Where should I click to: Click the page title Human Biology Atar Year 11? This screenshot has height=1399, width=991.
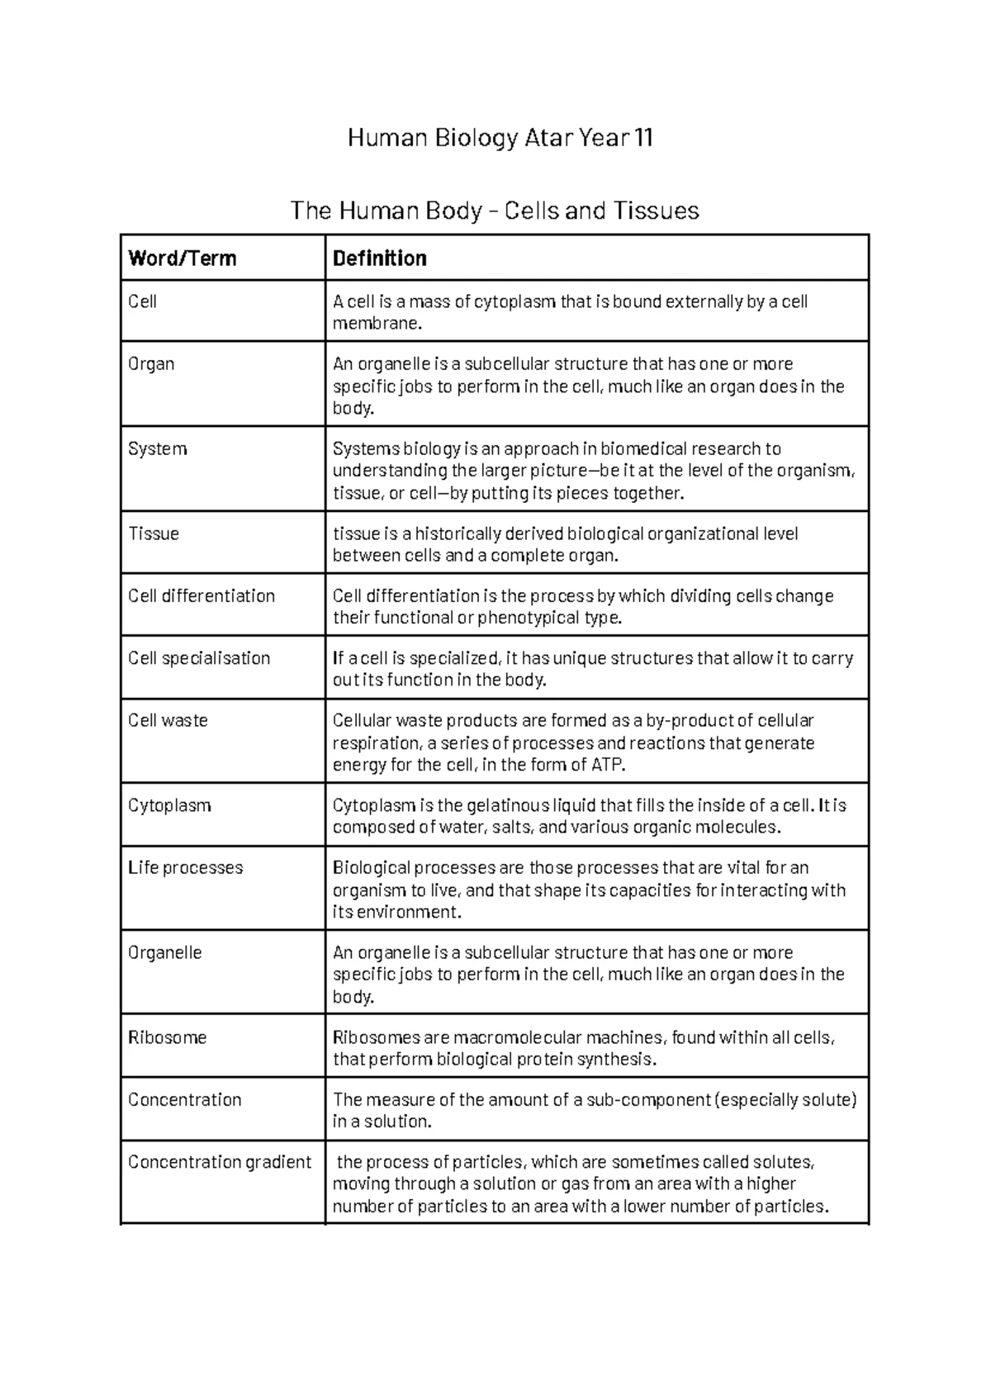click(500, 137)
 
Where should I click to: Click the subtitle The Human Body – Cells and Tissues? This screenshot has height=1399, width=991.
click(495, 211)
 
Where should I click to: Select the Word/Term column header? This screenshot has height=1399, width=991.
click(183, 258)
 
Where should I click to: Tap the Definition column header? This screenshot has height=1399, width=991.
click(379, 258)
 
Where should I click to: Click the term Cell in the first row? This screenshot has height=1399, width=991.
click(142, 301)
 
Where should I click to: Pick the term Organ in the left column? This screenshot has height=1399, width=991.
click(151, 364)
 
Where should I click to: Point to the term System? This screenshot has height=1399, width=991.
click(158, 448)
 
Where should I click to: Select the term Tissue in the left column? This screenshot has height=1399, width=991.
click(154, 534)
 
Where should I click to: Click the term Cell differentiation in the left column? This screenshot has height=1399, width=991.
click(202, 595)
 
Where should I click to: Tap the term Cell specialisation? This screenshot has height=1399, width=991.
click(199, 658)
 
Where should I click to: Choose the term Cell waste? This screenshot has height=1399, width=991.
click(168, 720)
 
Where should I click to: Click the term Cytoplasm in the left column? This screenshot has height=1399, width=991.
click(169, 805)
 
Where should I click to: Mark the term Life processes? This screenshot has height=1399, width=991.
click(186, 867)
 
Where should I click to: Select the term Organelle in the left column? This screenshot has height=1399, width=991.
click(164, 952)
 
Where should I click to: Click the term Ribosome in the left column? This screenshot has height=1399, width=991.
click(167, 1037)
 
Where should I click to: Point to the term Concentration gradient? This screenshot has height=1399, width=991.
click(220, 1162)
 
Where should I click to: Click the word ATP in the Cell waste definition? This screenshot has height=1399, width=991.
click(607, 765)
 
